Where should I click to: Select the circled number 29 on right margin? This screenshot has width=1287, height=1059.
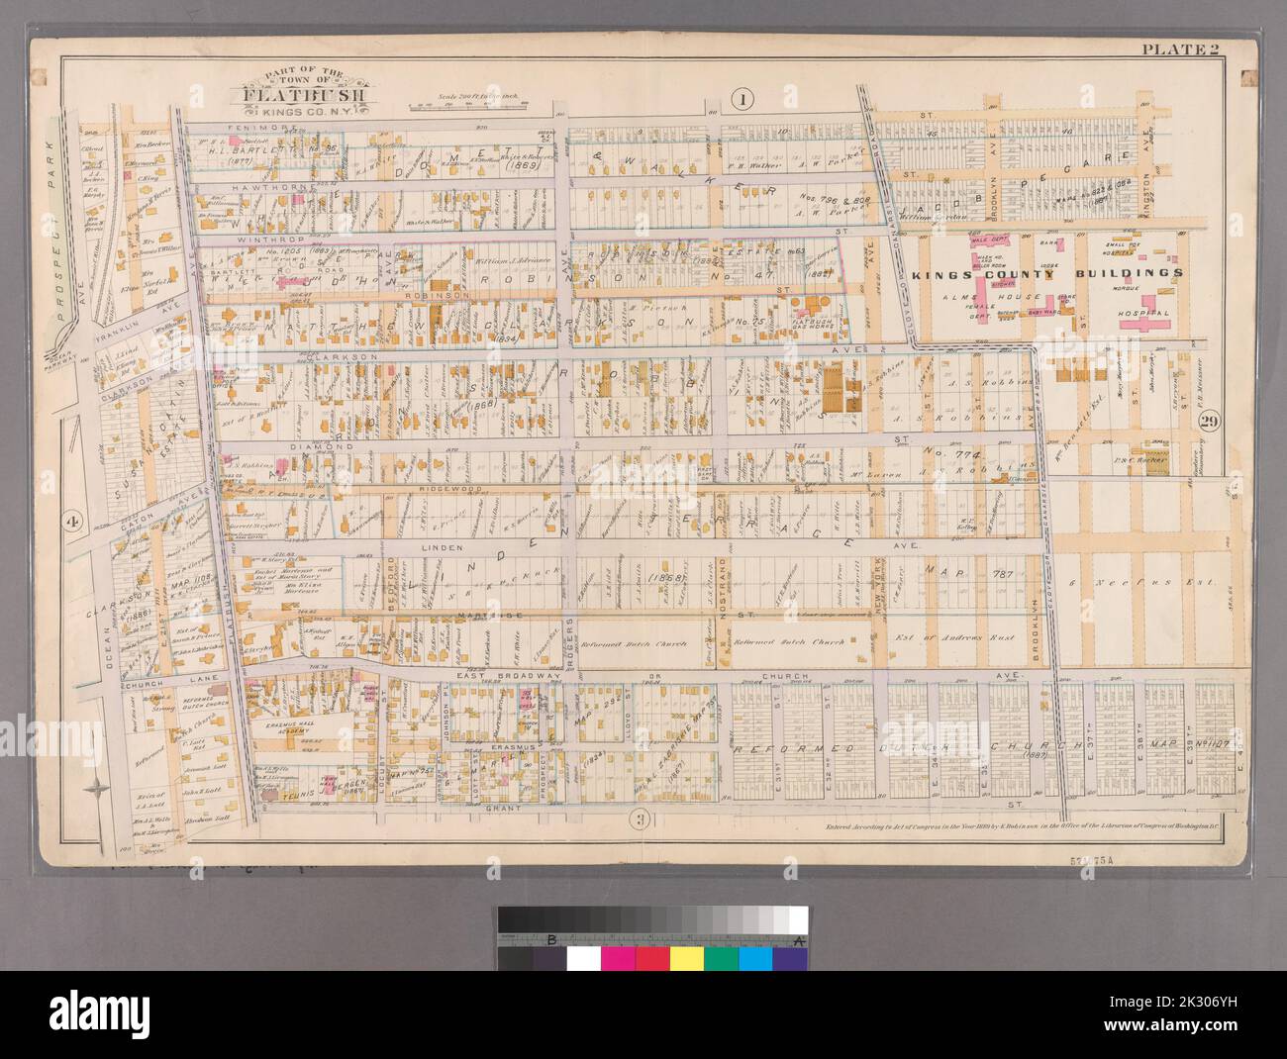(1209, 423)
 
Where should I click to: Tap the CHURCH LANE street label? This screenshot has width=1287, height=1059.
(154, 682)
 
